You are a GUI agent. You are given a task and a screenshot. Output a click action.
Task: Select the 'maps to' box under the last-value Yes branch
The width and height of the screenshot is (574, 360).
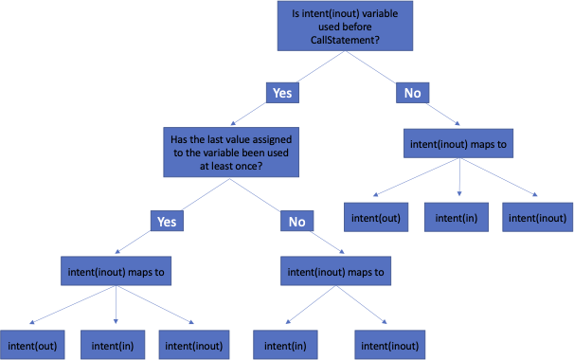117,272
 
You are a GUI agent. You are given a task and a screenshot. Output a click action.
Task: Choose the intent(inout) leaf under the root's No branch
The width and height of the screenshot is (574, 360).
538,218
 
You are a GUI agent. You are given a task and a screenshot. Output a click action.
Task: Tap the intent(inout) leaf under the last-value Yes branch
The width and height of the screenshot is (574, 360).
194,345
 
